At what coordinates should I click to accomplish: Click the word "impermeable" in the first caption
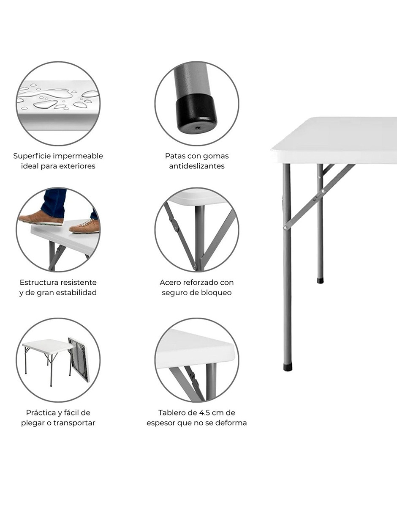coord(78,156)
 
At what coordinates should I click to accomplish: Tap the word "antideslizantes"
coord(197,166)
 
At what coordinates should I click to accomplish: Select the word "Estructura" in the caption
coord(38,283)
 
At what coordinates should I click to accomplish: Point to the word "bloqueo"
coord(216,293)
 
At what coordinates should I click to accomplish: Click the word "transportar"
coord(74,423)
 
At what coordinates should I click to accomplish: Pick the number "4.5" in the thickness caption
coord(203,413)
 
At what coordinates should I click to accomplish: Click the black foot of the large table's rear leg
coord(320,280)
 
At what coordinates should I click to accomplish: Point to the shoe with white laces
coord(84,226)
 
